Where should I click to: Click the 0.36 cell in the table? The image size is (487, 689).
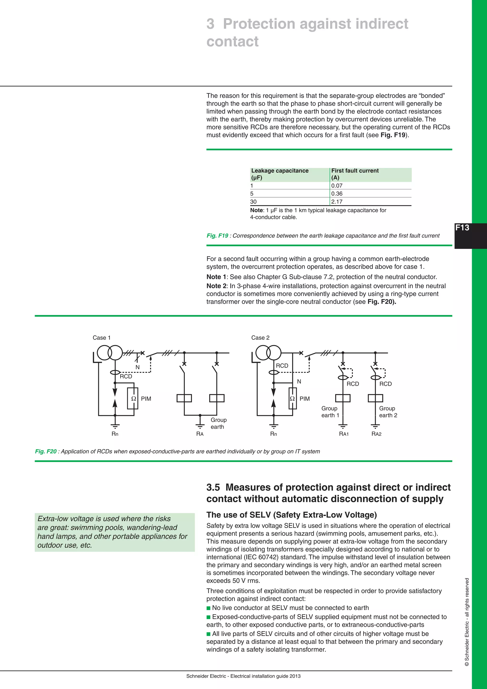click(x=337, y=194)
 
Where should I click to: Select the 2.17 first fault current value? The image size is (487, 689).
click(x=337, y=202)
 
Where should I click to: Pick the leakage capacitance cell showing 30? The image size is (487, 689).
click(x=253, y=202)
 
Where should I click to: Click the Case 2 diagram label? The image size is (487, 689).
click(x=260, y=338)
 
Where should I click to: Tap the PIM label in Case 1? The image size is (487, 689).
click(x=146, y=399)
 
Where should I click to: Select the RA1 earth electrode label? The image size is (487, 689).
click(x=344, y=434)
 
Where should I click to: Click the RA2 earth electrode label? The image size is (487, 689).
click(x=376, y=434)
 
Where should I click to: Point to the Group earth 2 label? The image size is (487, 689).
click(x=388, y=412)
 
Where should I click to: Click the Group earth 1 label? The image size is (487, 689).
click(x=330, y=412)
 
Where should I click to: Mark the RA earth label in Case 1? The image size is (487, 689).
click(x=200, y=434)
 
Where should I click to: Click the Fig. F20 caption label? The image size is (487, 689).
click(x=46, y=451)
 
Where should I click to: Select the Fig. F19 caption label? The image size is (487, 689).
click(x=217, y=236)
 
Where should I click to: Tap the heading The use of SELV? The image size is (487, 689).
click(x=291, y=515)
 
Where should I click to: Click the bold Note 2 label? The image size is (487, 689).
click(x=216, y=286)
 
